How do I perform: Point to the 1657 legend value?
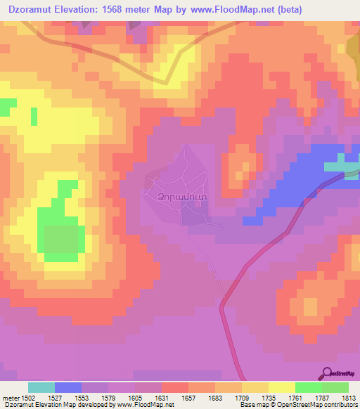(x=189, y=398)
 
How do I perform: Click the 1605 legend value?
(x=136, y=398)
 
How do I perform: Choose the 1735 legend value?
(x=269, y=398)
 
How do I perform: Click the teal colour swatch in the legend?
(x=41, y=387)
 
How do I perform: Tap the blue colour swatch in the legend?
(x=68, y=387)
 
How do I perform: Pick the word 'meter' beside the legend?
(x=11, y=398)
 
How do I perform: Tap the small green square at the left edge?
(x=7, y=107)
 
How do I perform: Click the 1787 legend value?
(x=321, y=398)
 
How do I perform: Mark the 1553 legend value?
(x=83, y=398)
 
